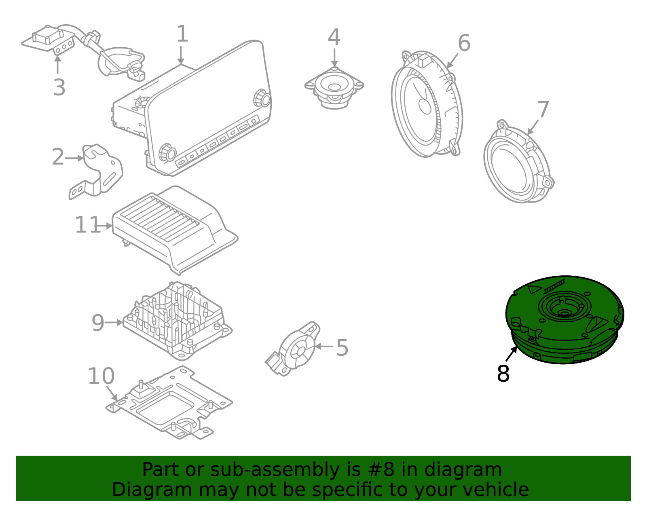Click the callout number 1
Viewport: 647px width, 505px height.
[182, 34]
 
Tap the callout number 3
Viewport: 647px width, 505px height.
[59, 88]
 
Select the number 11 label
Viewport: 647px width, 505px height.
[87, 225]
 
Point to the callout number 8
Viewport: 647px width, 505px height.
[503, 374]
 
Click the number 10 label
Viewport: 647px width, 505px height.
[101, 376]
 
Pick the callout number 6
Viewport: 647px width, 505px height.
[464, 43]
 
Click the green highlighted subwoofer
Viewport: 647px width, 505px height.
[565, 319]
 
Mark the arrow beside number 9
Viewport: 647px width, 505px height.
[114, 323]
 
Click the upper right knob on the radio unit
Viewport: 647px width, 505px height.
[262, 98]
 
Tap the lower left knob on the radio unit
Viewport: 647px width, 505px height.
[167, 152]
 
